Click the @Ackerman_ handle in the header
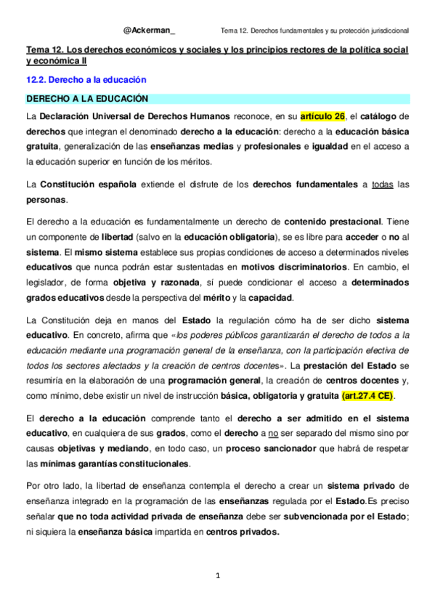pos(149,30)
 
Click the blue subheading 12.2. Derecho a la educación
pos(86,79)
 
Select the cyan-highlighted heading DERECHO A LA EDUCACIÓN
pos(87,97)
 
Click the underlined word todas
pos(382,184)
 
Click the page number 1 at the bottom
pos(217,576)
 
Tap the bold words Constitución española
pos(88,184)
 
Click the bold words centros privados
pos(242,531)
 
